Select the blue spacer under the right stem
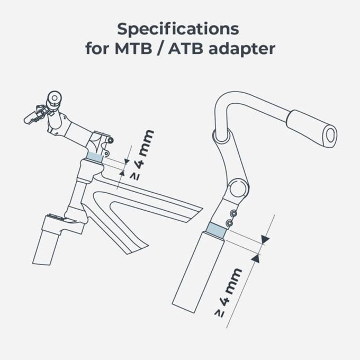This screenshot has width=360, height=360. pyautogui.click(x=216, y=229)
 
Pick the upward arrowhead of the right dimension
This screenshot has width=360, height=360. pyautogui.click(x=257, y=258)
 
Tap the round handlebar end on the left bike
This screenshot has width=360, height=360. pyautogui.click(x=53, y=98)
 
